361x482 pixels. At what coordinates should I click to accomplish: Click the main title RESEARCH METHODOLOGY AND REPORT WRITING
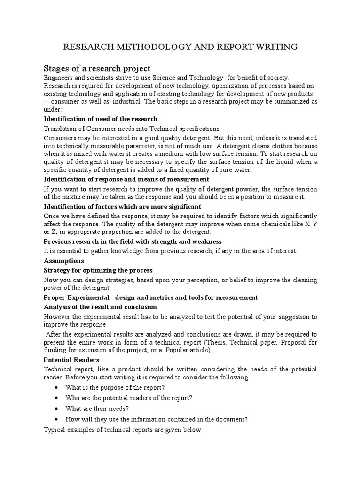point(180,47)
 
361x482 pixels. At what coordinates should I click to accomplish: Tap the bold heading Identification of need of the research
point(101,119)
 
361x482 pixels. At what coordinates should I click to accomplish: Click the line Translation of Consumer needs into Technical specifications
point(131,129)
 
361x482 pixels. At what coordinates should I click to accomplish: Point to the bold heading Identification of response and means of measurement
point(126,179)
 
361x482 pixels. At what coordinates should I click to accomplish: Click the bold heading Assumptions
point(64,260)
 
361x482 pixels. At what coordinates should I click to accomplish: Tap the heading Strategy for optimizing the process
point(98,270)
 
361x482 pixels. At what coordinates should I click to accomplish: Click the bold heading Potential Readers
point(71,360)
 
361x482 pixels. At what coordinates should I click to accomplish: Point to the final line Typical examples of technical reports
point(122,430)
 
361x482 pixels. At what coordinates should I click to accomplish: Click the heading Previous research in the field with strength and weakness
point(133,241)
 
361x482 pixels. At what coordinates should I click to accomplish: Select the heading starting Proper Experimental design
point(150,297)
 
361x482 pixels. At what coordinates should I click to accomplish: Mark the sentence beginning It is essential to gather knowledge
point(170,251)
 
